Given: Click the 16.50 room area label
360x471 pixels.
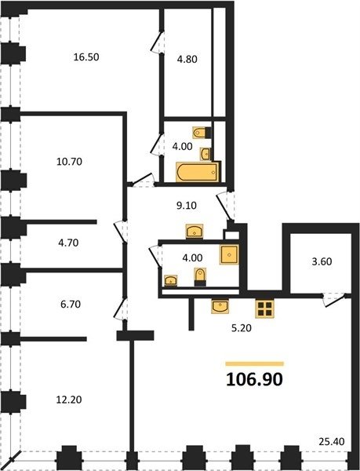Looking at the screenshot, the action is click(86, 57).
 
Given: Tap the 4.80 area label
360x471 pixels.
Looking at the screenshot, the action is click(187, 59).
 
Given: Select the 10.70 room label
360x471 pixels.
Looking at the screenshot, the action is click(69, 162).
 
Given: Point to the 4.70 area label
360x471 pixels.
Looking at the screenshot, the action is click(68, 243).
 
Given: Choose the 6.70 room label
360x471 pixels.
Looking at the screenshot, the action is click(71, 305).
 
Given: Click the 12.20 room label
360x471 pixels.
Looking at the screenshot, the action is click(69, 400).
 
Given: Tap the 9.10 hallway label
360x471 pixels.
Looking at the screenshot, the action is click(187, 206).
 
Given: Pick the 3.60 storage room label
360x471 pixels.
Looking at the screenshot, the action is click(322, 261).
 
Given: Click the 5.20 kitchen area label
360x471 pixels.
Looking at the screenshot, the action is click(242, 328).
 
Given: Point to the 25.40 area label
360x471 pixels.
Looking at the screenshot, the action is click(332, 442).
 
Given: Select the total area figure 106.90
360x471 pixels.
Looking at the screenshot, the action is click(254, 379).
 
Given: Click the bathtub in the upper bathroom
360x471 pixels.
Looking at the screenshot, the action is click(197, 172).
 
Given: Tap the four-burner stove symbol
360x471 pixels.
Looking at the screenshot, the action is click(264, 309).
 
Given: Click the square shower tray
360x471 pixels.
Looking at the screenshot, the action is click(229, 254).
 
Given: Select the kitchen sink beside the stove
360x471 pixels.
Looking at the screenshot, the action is click(220, 306).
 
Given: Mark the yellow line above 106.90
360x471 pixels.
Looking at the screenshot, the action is click(255, 364).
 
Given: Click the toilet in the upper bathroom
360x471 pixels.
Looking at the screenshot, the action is click(202, 132).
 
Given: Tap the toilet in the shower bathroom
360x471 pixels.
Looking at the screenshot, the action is click(200, 276).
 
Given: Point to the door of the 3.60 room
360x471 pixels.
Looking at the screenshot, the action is click(334, 301).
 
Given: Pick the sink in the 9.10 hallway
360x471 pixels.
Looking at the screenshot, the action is click(195, 232).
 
